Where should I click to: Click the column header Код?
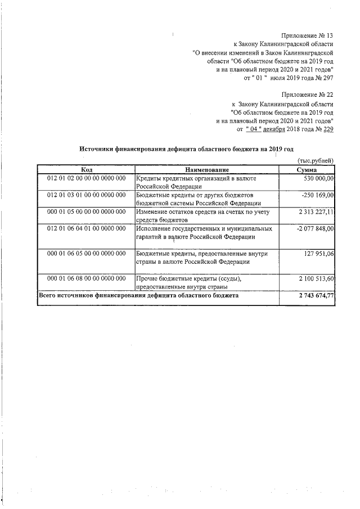[x=86, y=169]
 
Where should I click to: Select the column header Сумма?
[x=307, y=169]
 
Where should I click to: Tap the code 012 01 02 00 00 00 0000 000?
[x=86, y=178]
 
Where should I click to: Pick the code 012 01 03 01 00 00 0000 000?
[x=86, y=195]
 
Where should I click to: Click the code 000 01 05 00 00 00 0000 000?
[x=86, y=211]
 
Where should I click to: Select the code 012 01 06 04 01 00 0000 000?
[x=86, y=229]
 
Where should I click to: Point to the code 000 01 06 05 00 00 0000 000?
[x=86, y=254]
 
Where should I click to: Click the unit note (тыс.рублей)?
[x=315, y=161]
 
